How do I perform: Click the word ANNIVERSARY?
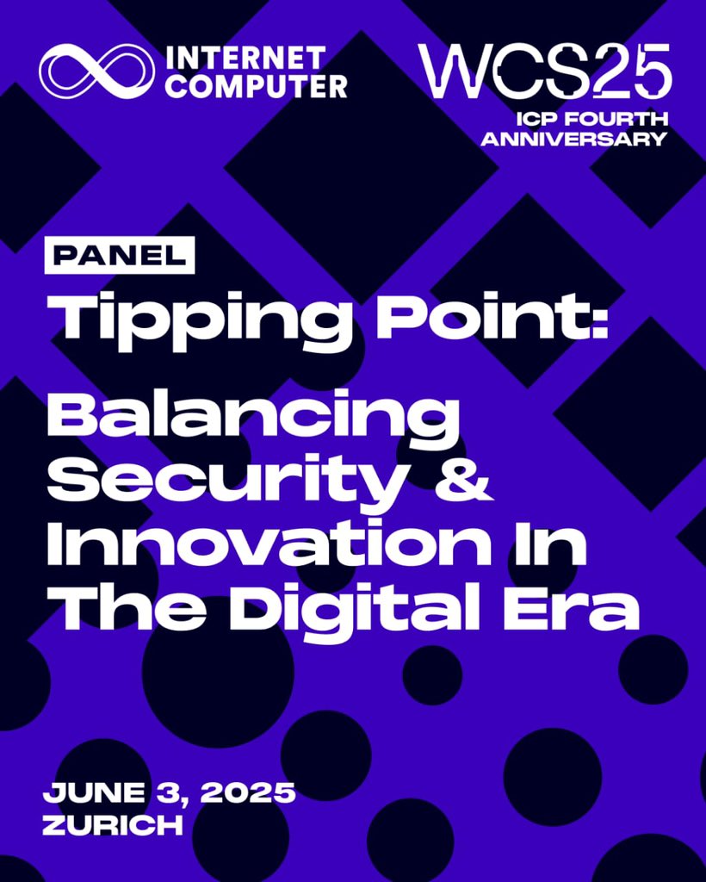click(573, 139)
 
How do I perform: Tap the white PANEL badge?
click(120, 254)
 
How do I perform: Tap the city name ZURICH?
click(113, 823)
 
